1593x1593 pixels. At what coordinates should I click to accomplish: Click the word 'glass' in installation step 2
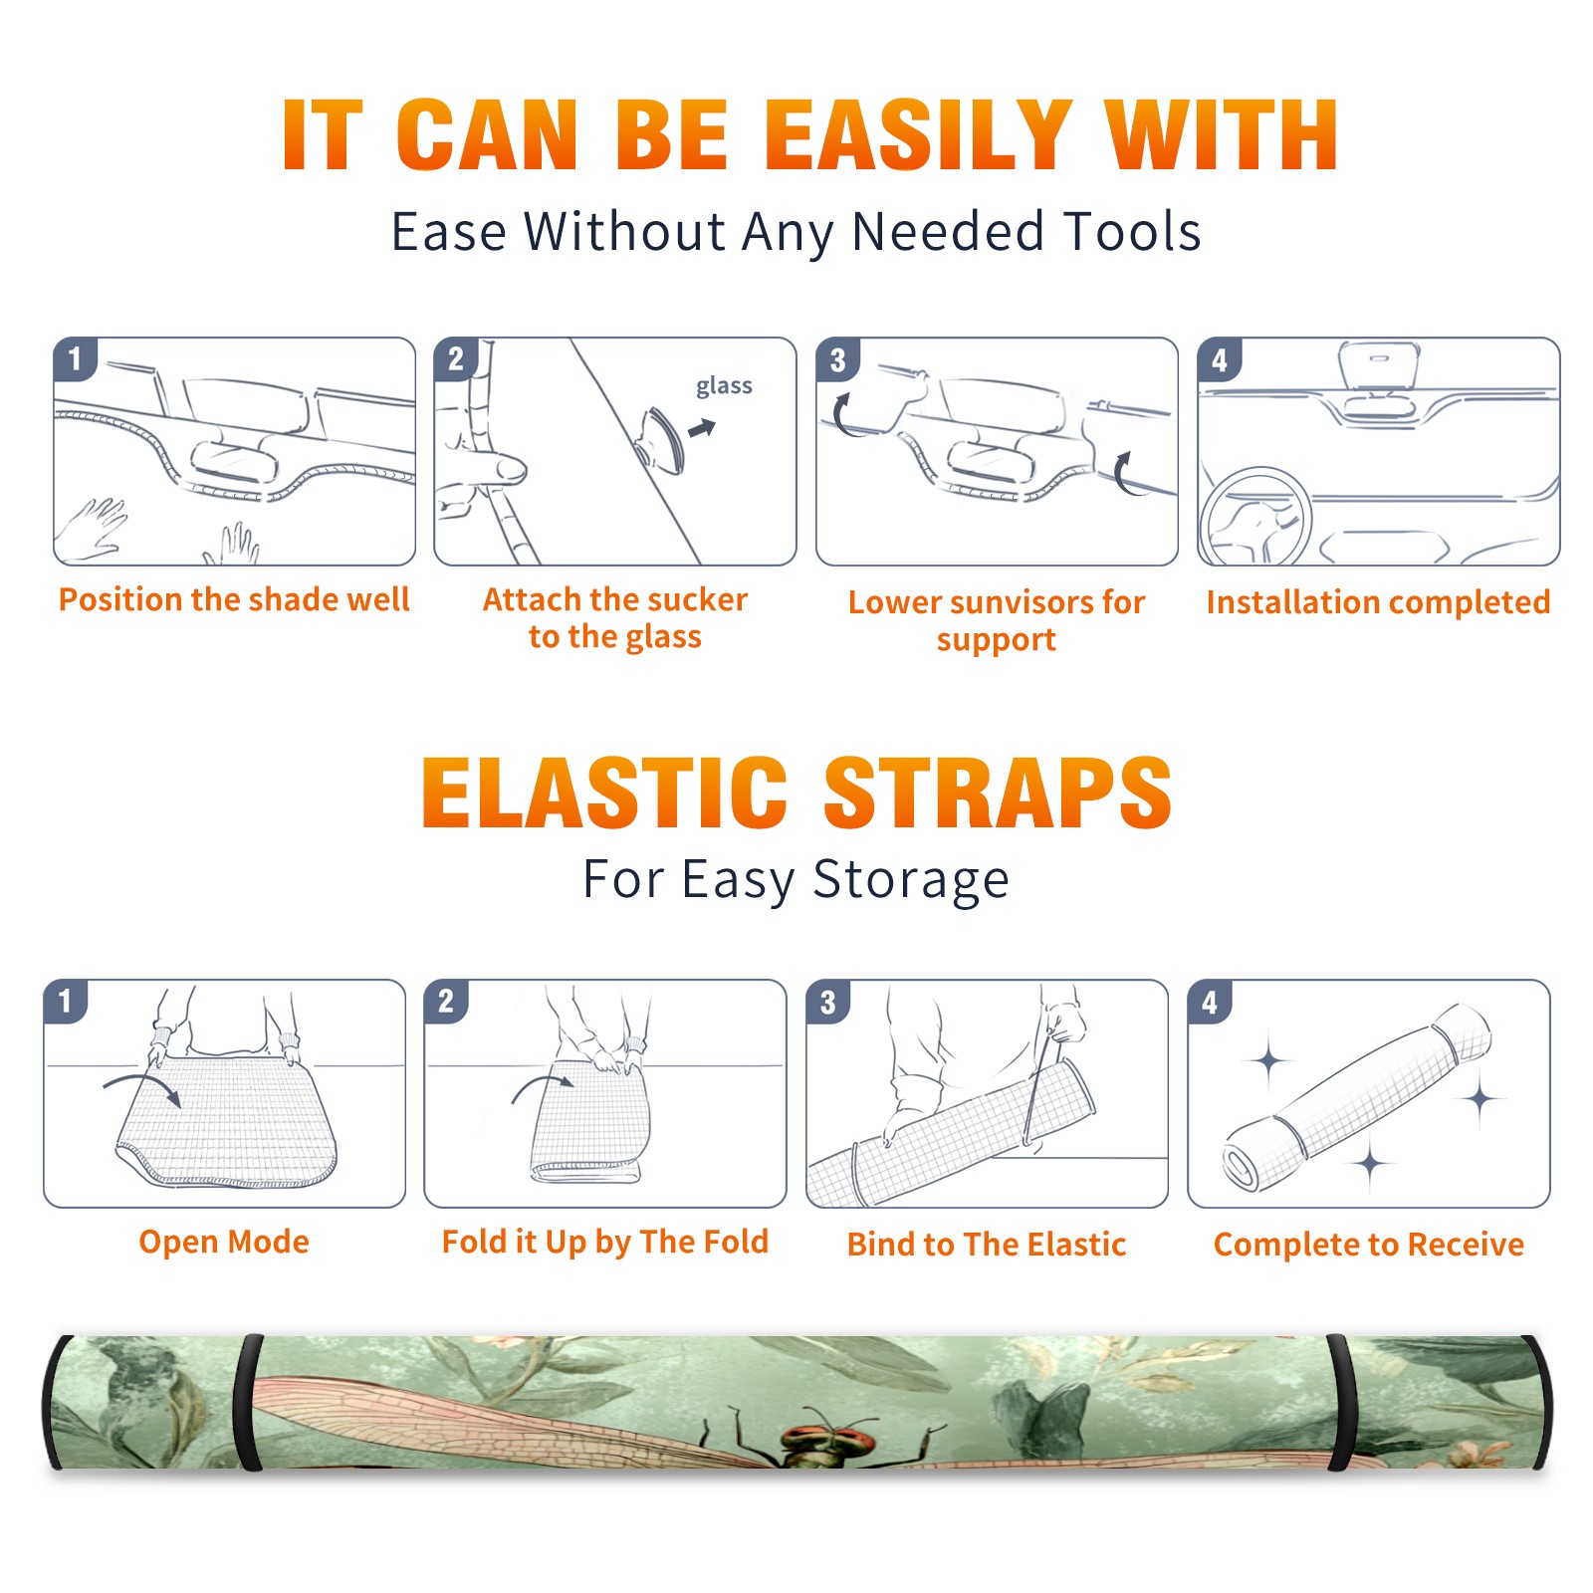(724, 386)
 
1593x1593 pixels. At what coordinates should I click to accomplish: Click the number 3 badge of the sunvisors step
(837, 359)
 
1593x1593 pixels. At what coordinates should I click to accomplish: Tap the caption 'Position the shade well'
(234, 599)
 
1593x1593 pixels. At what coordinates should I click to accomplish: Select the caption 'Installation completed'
(1378, 601)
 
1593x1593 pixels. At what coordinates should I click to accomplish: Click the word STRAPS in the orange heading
(998, 793)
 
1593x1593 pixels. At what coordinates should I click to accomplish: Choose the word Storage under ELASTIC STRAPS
(911, 880)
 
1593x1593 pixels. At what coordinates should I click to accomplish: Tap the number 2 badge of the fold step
(446, 1001)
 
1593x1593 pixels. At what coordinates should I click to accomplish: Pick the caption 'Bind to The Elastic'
(986, 1245)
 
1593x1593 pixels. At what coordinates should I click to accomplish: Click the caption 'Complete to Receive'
(1369, 1245)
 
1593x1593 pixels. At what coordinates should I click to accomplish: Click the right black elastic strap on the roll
(1340, 1404)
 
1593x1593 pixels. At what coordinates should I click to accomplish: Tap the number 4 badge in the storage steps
(1210, 1002)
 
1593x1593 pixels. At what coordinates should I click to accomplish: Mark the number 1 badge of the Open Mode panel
(66, 1001)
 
